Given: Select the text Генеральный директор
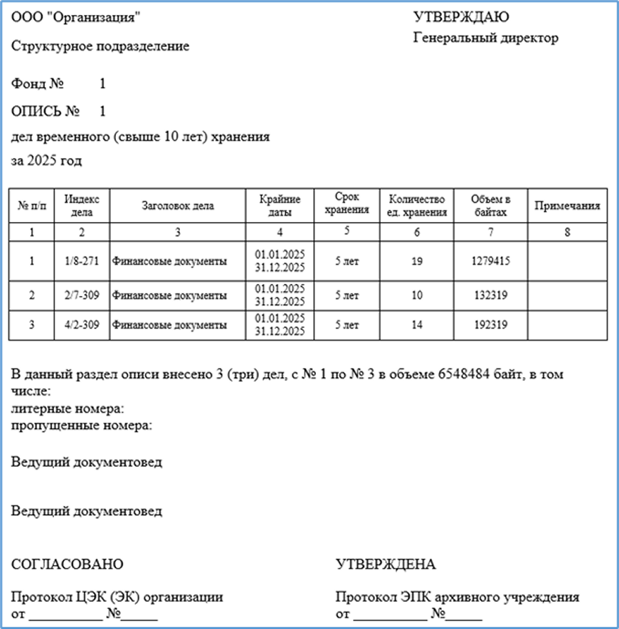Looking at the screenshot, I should point(485,38).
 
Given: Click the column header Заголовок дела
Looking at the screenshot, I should point(178,206).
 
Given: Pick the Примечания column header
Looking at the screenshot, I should point(567,206).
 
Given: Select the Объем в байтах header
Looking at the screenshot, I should point(490,206).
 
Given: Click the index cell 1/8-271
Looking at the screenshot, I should point(82,261).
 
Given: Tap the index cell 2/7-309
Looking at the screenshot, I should point(82,295).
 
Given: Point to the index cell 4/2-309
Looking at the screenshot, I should point(82,324).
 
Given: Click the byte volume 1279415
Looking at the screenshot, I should point(490,261).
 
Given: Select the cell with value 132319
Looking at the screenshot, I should point(490,295).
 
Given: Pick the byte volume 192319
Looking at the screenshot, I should point(490,324).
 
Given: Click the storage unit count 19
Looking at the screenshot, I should point(417,261).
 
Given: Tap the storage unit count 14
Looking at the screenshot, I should point(417,324).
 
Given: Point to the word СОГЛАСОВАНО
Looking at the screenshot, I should point(68,564).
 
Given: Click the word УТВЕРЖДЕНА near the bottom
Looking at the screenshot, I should point(385,564).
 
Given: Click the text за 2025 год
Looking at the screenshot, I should point(47,161).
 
